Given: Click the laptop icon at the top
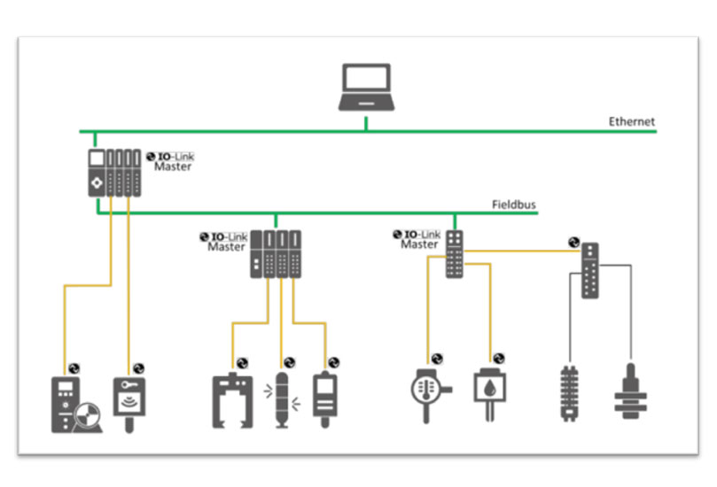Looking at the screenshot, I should pos(365,87).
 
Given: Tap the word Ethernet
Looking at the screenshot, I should pos(631,121).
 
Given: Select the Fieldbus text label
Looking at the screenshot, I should pos(514,205).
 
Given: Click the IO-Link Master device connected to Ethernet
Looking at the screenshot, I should pos(113,172).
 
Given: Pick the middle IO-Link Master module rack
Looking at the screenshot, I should pos(276,254).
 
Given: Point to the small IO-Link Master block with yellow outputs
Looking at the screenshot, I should pos(454,254).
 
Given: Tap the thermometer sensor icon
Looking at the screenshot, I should pos(428,390).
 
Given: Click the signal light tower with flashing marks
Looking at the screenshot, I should pos(284,399).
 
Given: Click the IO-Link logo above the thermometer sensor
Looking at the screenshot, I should pos(437,358).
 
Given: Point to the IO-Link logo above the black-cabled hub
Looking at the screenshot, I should pos(573,240).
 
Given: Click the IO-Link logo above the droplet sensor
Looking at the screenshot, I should pos(499,358).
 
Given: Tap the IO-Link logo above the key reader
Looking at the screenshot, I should pos(138,367).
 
